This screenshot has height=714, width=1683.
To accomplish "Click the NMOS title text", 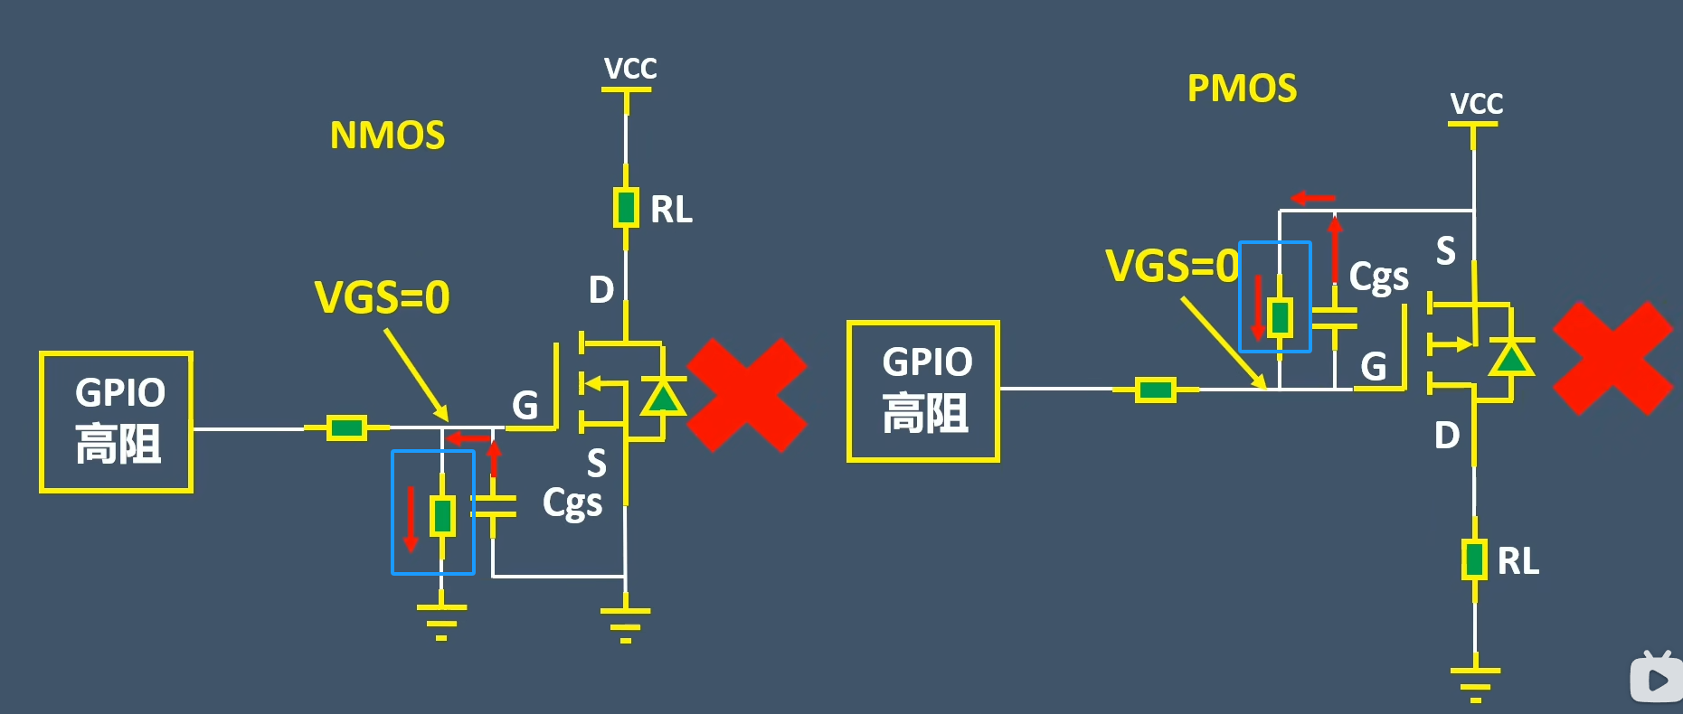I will tap(387, 136).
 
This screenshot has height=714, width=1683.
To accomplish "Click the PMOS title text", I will tap(1242, 89).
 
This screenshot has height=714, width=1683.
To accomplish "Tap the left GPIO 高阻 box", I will tap(117, 422).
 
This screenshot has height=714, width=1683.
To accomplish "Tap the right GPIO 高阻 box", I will tap(923, 391).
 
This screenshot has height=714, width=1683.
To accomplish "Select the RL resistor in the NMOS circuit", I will tap(625, 208).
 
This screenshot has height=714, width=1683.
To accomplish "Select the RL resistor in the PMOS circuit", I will tap(1475, 559).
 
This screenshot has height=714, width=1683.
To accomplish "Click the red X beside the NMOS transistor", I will tap(746, 395).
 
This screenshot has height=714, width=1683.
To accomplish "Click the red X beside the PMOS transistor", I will tap(1612, 358).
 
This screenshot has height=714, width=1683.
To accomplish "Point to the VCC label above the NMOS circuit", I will tap(630, 69).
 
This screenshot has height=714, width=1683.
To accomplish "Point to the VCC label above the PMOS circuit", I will tap(1476, 104).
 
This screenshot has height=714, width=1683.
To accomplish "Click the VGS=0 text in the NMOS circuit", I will tap(382, 297).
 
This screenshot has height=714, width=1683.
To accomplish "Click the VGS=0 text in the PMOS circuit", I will tap(1172, 266).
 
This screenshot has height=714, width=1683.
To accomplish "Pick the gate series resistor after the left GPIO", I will tap(345, 427).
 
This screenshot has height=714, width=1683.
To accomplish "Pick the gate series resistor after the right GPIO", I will tap(1155, 390).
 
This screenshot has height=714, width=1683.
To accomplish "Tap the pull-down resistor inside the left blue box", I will tap(442, 516).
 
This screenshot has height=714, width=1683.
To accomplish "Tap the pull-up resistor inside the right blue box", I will tap(1280, 317).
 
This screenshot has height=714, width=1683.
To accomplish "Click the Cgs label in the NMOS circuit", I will tap(572, 503).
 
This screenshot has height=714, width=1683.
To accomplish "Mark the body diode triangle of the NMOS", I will tap(663, 397).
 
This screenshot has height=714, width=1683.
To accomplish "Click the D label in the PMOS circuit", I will tap(1447, 436).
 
